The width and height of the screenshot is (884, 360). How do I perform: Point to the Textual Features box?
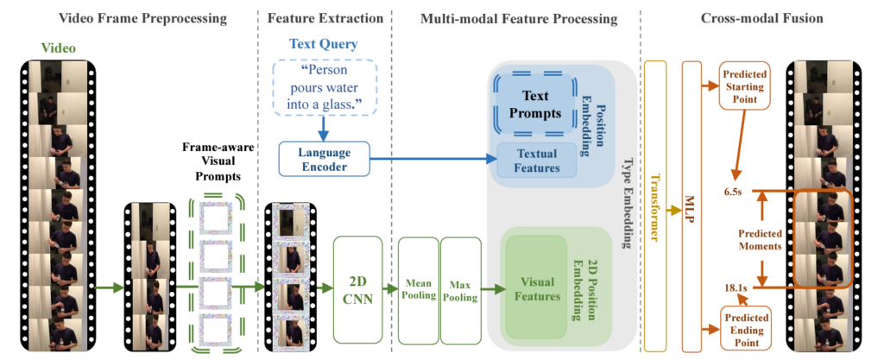pyautogui.click(x=536, y=160)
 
